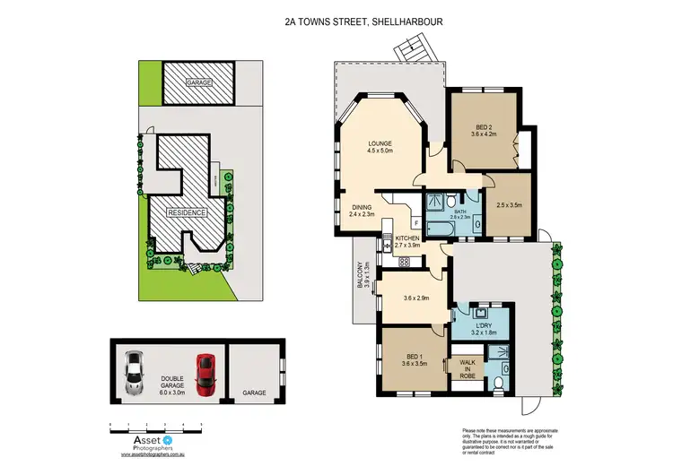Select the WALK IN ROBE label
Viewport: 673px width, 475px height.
[x=468, y=370]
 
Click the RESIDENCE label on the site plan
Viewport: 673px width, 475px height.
[x=185, y=213]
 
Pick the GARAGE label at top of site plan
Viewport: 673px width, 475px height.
[x=198, y=82]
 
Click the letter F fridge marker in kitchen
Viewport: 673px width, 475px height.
[x=416, y=223]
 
